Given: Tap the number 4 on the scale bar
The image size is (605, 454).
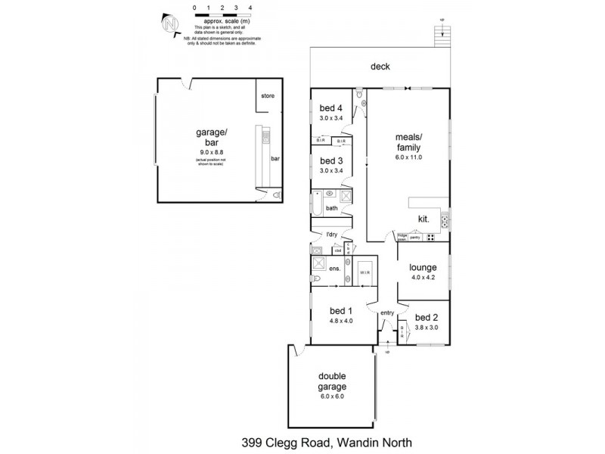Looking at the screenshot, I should point(250,7).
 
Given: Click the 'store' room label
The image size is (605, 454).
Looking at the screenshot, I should point(268,96).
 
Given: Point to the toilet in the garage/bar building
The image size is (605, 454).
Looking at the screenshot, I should point(277,195).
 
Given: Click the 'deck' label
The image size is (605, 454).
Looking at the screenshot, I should point(380,67).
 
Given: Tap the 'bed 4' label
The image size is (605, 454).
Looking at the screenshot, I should point(331,107).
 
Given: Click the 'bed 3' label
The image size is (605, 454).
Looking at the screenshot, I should point(331,160).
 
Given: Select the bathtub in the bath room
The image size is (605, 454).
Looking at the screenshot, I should point(317,202).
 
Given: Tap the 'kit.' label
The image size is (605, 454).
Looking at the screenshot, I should point(423,219).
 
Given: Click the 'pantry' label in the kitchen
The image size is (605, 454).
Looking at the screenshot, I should point(415,238).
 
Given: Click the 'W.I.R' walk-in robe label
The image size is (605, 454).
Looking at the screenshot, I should point(364,272).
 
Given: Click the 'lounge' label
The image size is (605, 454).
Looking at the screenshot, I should point(423,267).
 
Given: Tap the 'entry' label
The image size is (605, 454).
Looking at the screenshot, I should point(387,313).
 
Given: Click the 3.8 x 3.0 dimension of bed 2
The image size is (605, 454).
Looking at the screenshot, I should point(426,328).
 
